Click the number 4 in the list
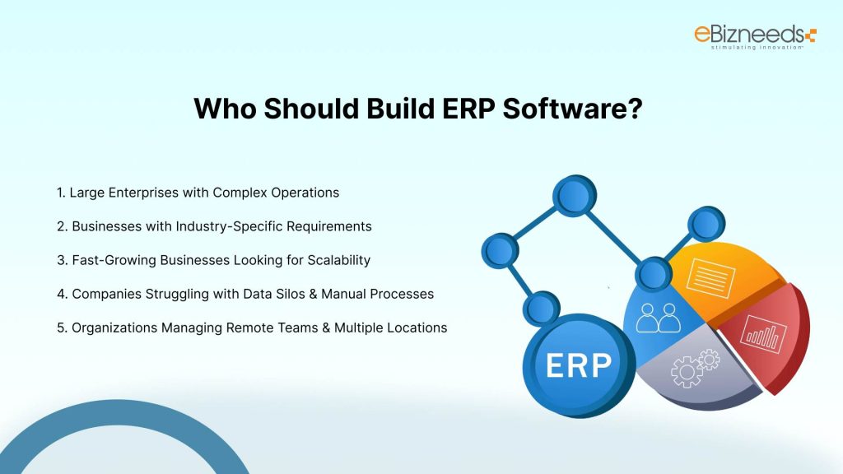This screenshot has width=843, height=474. pyautogui.click(x=60, y=294)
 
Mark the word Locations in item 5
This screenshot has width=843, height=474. pyautogui.click(x=417, y=328)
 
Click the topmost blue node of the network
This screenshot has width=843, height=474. pyautogui.click(x=573, y=196)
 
